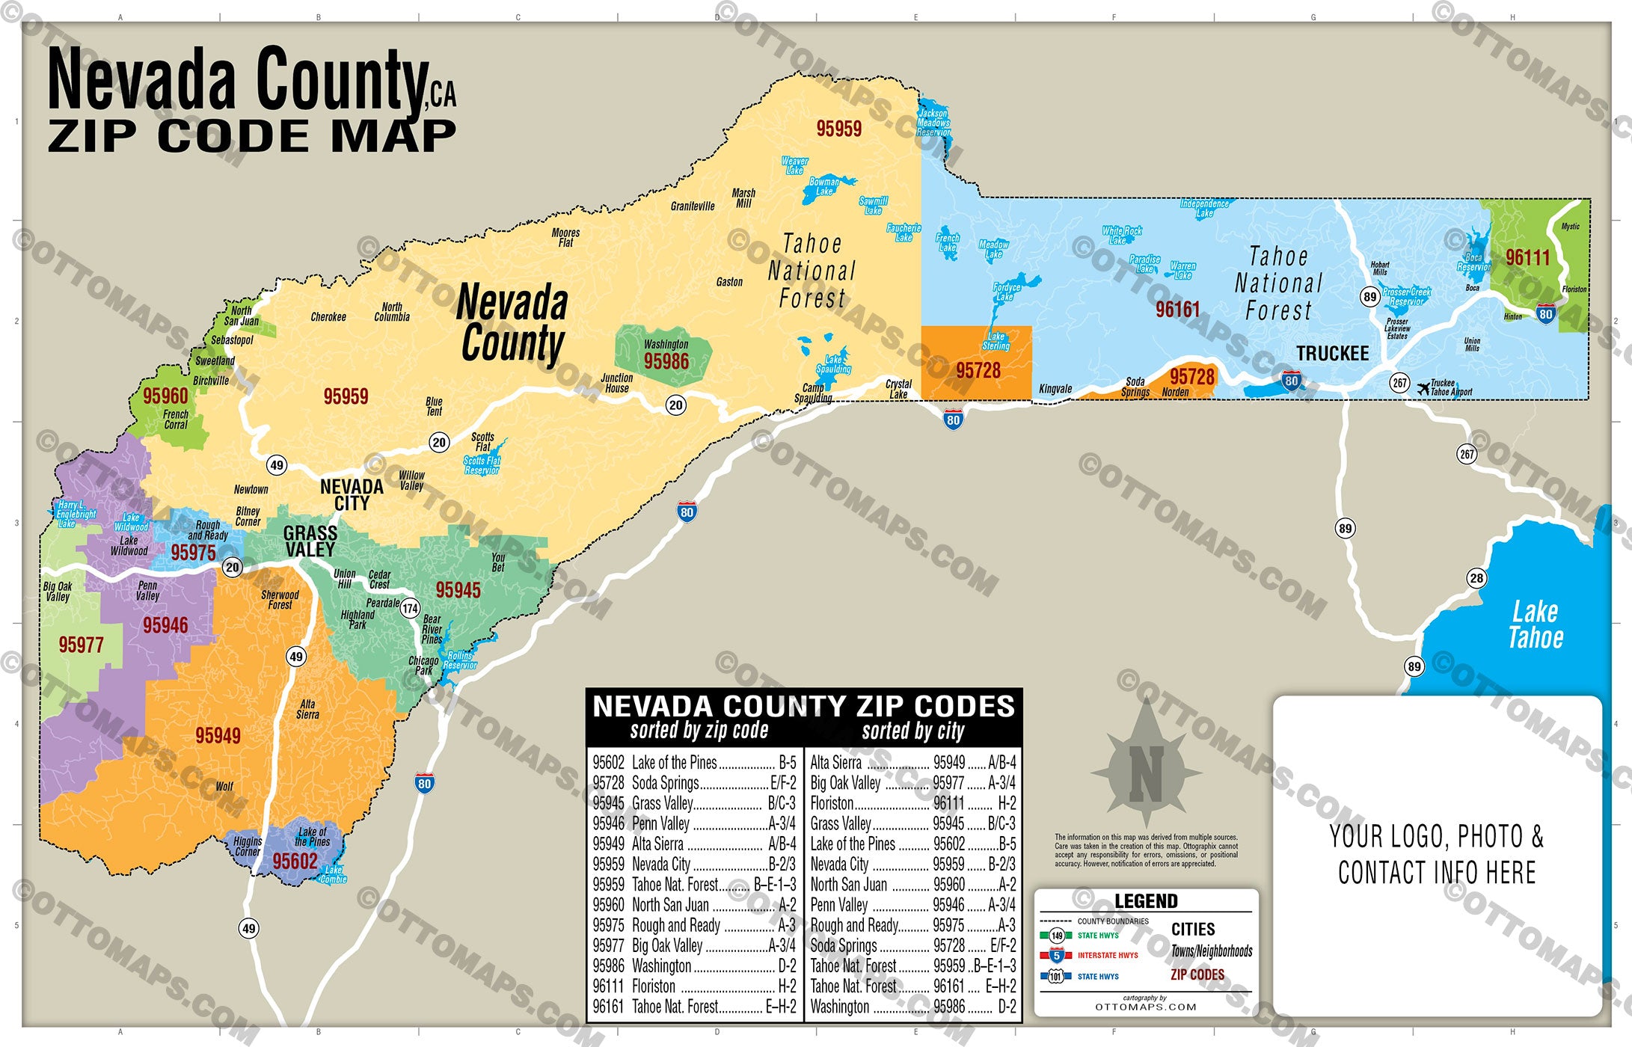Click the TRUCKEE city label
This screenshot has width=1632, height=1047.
coord(1332,353)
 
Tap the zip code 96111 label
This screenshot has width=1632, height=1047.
coord(1527,258)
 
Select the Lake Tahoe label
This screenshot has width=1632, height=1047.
coord(1535,624)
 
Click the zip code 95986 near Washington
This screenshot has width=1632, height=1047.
coord(666,362)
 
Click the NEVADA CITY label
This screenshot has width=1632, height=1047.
coord(352,495)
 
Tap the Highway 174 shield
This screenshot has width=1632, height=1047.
coord(410,608)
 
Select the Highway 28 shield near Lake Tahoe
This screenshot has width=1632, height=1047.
coord(1476,578)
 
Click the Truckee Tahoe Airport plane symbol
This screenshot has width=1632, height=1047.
coord(1423,387)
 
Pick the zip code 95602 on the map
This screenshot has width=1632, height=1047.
coord(295,862)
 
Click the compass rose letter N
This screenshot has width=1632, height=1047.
coord(1146,773)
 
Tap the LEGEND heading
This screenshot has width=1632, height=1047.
coord(1146,901)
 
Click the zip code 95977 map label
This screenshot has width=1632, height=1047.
coord(81,645)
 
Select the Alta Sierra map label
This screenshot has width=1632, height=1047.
coord(307,709)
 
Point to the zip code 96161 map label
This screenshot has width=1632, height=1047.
coord(1177,310)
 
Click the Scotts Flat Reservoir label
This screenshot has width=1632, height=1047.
coord(481,465)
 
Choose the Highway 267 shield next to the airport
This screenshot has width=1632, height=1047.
coord(1399,383)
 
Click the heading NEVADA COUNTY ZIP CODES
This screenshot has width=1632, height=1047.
coord(803,707)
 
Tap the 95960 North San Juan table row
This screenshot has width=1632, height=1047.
coord(694,905)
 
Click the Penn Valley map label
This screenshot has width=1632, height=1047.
coord(147,591)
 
